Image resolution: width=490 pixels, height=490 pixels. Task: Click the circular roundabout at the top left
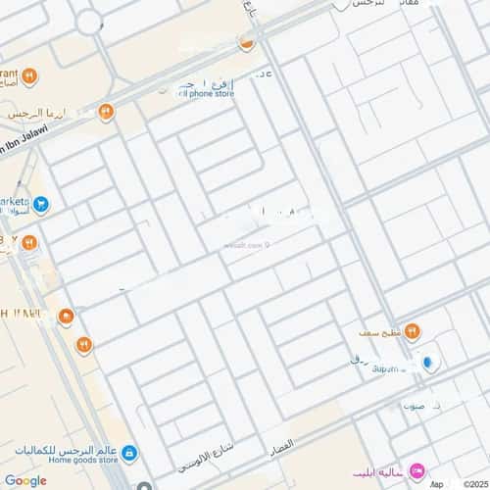89,21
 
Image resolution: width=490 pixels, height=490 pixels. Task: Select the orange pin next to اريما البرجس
106,112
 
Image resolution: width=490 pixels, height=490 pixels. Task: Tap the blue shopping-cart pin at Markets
41,205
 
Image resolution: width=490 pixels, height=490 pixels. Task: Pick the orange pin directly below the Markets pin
29,241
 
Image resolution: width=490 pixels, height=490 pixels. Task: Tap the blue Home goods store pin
130,454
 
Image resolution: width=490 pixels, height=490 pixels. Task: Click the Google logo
25,480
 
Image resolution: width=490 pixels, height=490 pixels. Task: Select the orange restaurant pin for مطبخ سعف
412,331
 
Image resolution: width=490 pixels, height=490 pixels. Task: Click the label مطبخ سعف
379,332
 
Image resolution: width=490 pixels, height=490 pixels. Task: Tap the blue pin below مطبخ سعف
426,363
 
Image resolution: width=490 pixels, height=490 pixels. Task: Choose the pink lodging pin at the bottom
416,472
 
